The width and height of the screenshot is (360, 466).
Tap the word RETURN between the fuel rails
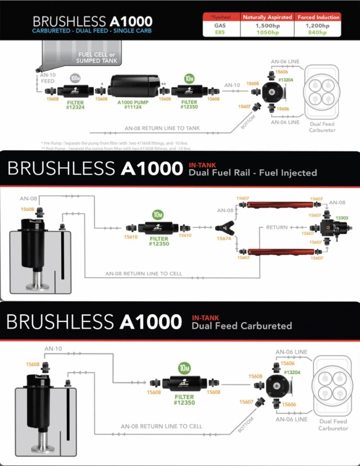pos(276,228)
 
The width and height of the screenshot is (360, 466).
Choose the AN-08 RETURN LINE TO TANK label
pos(162,128)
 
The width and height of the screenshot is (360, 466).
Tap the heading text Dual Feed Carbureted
pos(242,326)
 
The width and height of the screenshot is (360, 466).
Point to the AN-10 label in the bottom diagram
pos(53,348)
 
